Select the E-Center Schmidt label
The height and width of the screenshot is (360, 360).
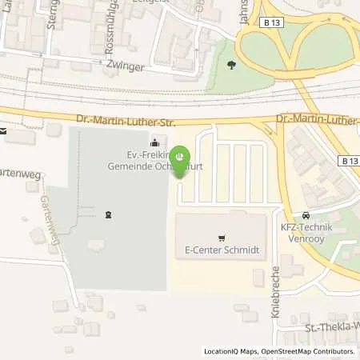220,250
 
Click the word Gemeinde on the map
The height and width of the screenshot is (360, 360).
129,166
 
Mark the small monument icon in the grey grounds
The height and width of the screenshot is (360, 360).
108,214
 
